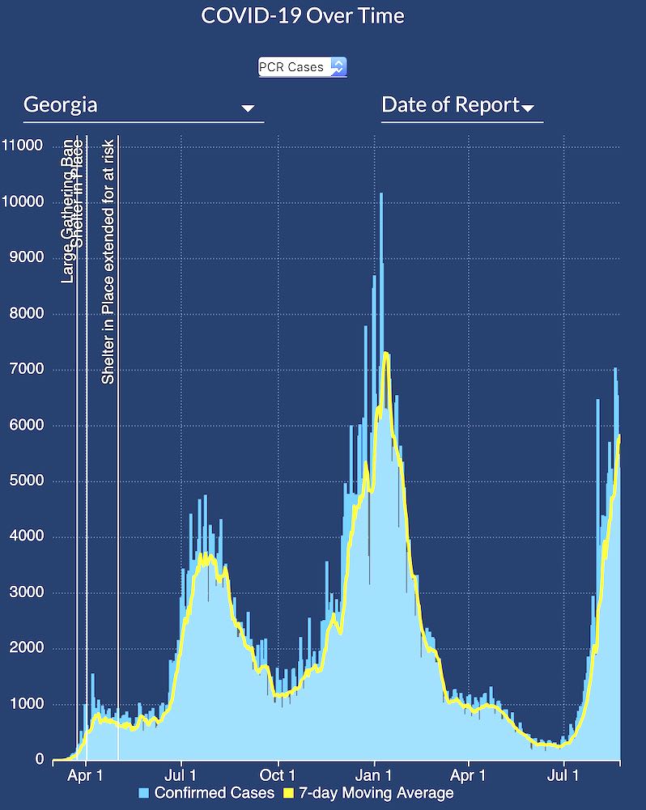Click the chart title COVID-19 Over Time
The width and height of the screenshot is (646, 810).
303,15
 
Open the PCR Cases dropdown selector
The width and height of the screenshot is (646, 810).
302,67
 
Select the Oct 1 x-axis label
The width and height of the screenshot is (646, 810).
278,776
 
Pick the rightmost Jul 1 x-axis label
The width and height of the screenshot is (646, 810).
564,776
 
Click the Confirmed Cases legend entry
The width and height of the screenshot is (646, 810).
215,793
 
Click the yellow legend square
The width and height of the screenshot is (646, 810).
289,793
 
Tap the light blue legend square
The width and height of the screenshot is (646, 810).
145,793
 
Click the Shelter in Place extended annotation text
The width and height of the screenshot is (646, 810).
108,261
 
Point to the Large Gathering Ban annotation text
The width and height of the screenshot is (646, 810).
67,212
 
